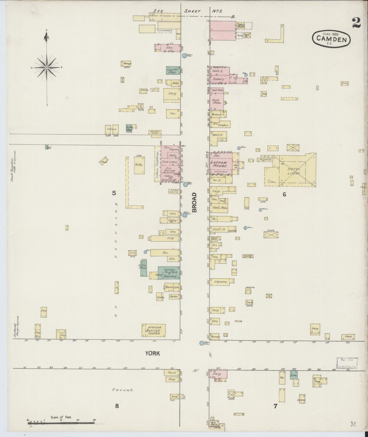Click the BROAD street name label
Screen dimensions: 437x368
pos(195,202)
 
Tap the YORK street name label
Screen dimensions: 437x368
pos(153,353)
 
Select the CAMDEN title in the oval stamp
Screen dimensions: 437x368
pos(331,39)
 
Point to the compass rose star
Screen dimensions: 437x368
pos(47,68)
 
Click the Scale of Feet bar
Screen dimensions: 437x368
pos(61,423)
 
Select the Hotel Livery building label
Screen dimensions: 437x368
pos(294,171)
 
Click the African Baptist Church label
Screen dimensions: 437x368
pos(154,331)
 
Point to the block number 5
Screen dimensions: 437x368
pos(114,193)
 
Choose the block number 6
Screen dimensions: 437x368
pos(284,194)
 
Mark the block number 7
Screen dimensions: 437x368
pos(275,406)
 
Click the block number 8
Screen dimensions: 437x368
pos(117,406)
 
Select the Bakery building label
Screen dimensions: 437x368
pos(218,79)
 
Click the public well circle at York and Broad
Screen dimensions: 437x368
pos(201,343)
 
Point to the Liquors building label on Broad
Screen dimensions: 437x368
pos(221,282)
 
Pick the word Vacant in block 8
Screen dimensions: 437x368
pos(123,390)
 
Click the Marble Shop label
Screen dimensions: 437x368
pos(155,132)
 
